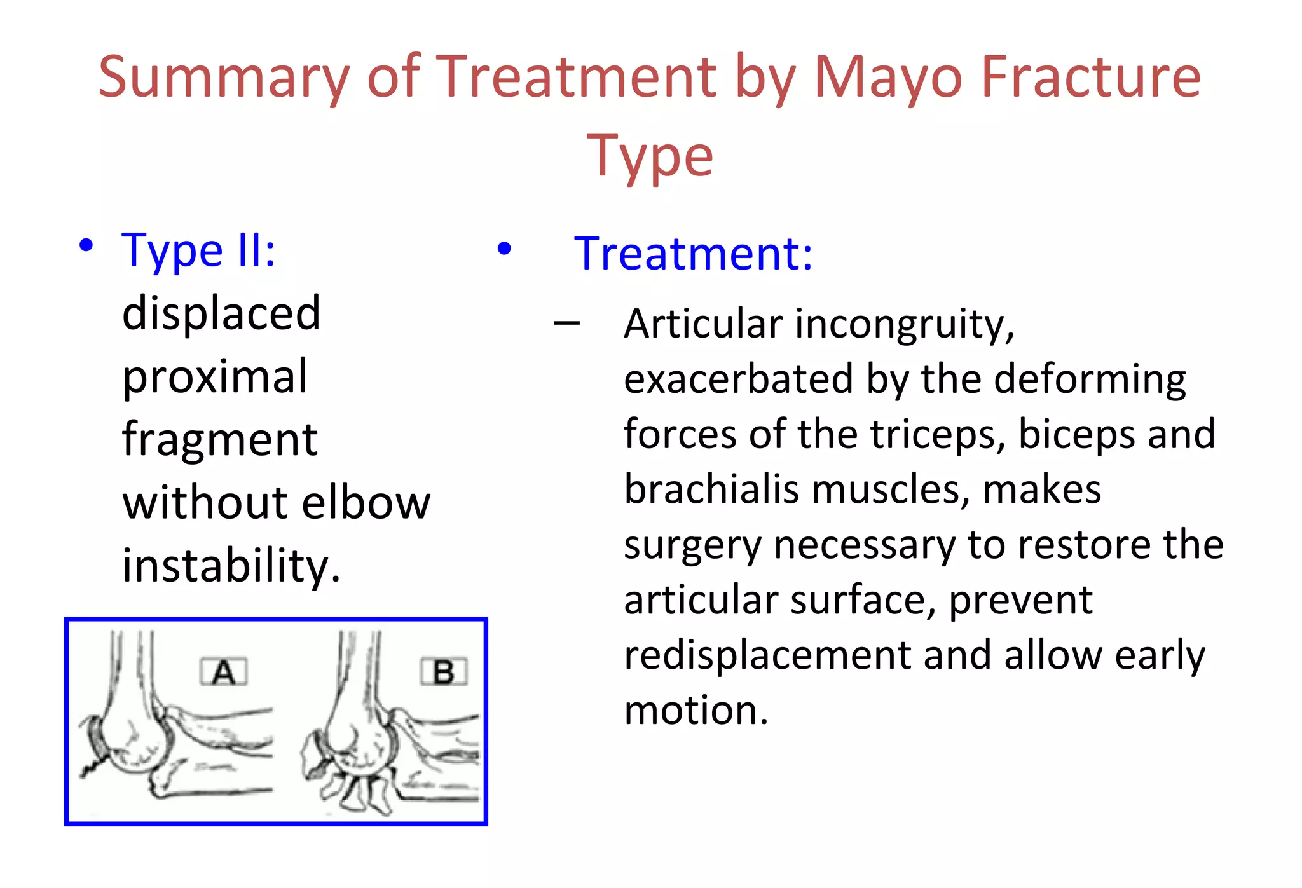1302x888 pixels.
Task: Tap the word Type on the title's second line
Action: tap(650, 157)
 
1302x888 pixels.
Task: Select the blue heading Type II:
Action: tap(198, 250)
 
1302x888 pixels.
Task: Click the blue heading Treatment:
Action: tap(693, 254)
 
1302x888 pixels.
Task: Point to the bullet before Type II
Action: tap(86, 246)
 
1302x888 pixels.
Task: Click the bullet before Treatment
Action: tap(504, 249)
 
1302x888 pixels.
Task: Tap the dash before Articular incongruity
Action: tap(566, 324)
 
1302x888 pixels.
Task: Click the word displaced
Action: tap(221, 313)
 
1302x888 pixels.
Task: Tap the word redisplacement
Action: tap(767, 655)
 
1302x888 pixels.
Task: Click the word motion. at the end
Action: tap(696, 711)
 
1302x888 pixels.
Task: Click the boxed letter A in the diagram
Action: tap(223, 672)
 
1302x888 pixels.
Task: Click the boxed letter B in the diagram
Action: tap(444, 672)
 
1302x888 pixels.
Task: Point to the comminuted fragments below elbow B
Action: tap(360, 792)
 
